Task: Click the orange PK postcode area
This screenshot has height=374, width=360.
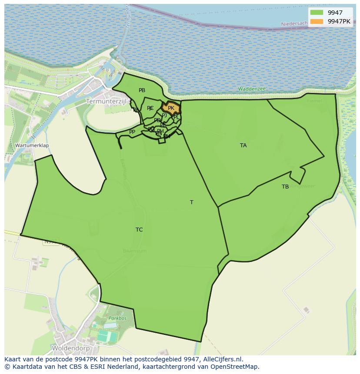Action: click(x=171, y=108)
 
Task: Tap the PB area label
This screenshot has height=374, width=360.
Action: click(x=142, y=90)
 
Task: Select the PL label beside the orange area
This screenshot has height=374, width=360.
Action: click(x=176, y=117)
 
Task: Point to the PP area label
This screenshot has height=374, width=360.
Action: click(x=132, y=132)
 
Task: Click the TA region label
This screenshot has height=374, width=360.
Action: click(x=243, y=146)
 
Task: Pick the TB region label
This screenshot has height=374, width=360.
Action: click(x=285, y=187)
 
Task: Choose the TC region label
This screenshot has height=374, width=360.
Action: click(x=139, y=230)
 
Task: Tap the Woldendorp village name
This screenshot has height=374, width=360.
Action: click(x=70, y=348)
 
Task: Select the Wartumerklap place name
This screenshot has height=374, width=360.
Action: click(x=32, y=146)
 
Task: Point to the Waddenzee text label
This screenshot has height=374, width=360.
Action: click(x=252, y=89)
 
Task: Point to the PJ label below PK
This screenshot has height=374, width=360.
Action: click(x=164, y=116)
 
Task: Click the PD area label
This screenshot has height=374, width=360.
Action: click(x=157, y=121)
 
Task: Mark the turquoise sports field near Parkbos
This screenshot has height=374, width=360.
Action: click(x=107, y=336)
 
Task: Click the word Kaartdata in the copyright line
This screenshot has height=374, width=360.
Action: click(x=24, y=367)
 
